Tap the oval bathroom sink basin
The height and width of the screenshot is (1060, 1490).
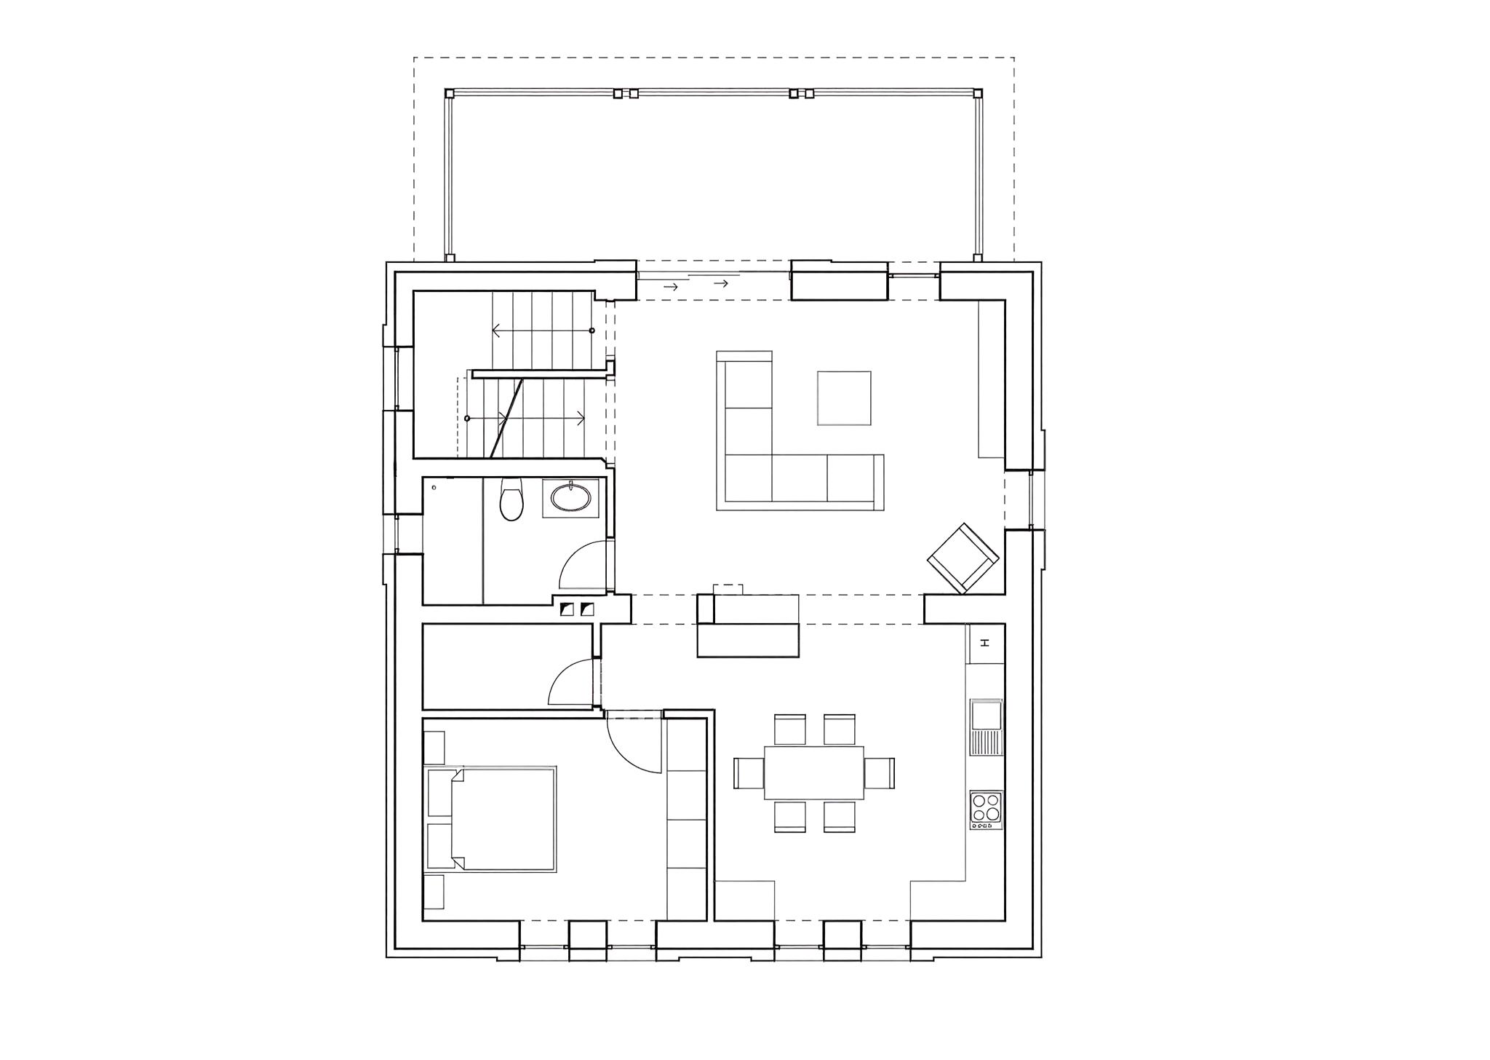pyautogui.click(x=571, y=497)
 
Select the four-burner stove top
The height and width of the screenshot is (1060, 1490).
pyautogui.click(x=986, y=810)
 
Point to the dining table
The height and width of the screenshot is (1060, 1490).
pyautogui.click(x=813, y=772)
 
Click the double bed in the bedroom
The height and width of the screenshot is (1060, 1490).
pyautogui.click(x=502, y=819)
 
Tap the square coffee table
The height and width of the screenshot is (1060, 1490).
pyautogui.click(x=844, y=397)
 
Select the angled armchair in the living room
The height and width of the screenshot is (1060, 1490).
pyautogui.click(x=963, y=558)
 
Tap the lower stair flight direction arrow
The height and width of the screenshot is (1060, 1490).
pyautogui.click(x=525, y=418)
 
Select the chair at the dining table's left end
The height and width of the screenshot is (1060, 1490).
pyautogui.click(x=749, y=773)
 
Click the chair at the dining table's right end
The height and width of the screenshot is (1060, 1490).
pyautogui.click(x=879, y=773)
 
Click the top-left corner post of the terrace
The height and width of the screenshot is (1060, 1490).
pyautogui.click(x=450, y=93)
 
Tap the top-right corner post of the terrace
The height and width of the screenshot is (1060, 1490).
pyautogui.click(x=978, y=93)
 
